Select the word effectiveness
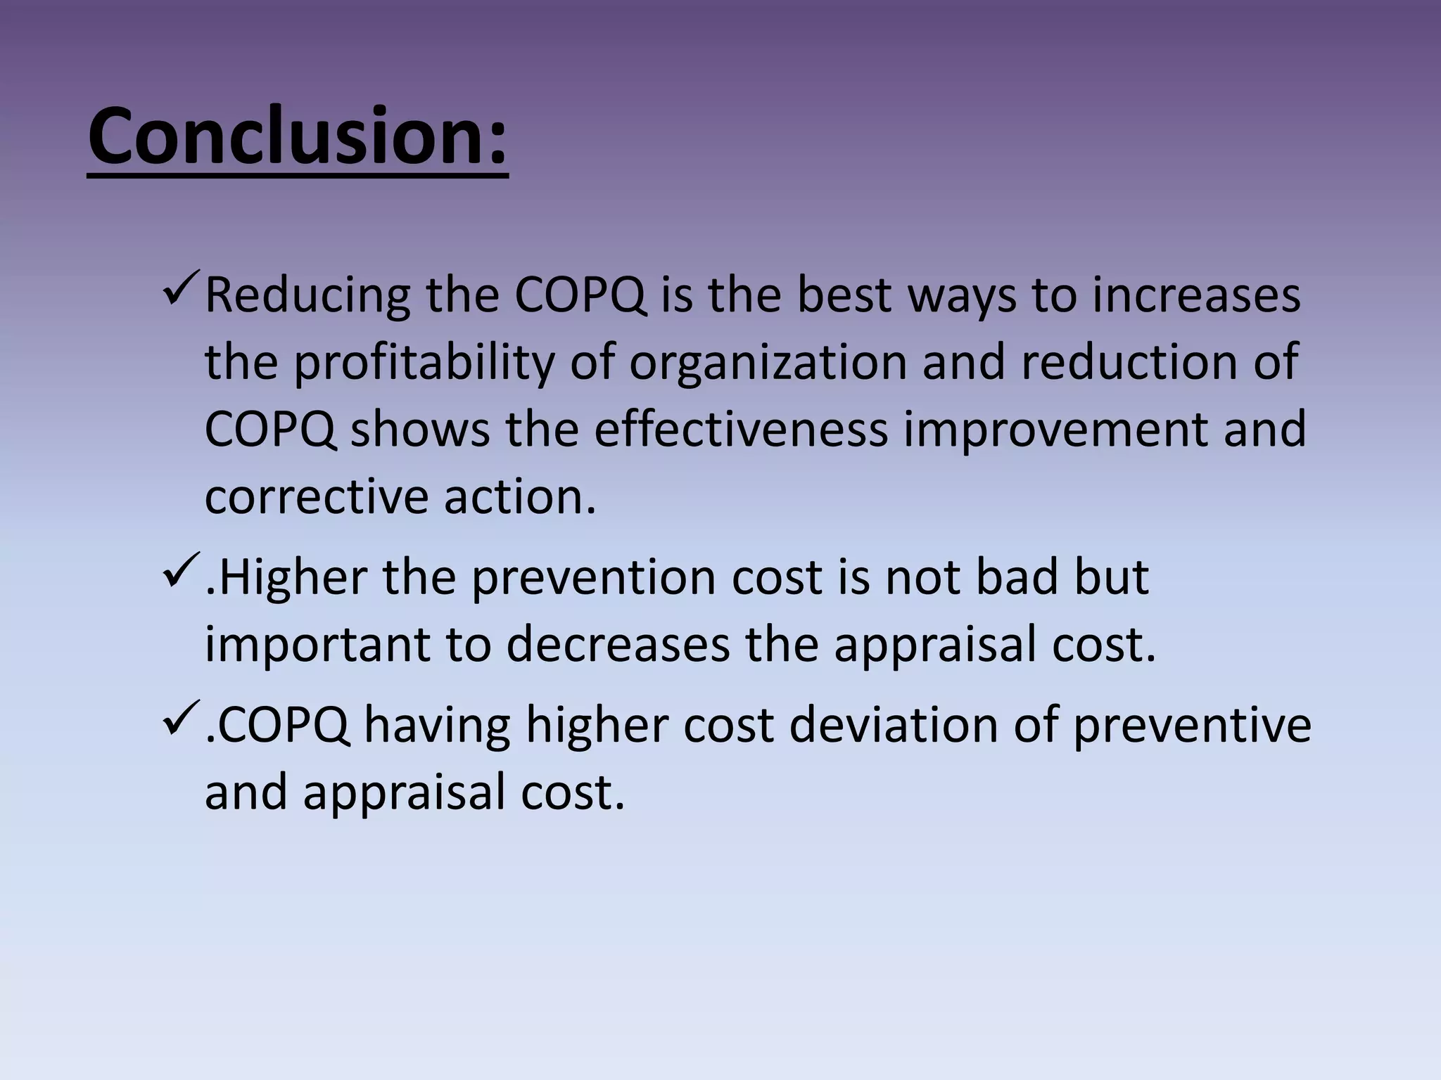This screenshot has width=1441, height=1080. tap(741, 429)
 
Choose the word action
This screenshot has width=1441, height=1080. tap(520, 496)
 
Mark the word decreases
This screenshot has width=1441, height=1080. tap(618, 644)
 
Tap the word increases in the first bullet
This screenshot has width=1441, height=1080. tap(1196, 295)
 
